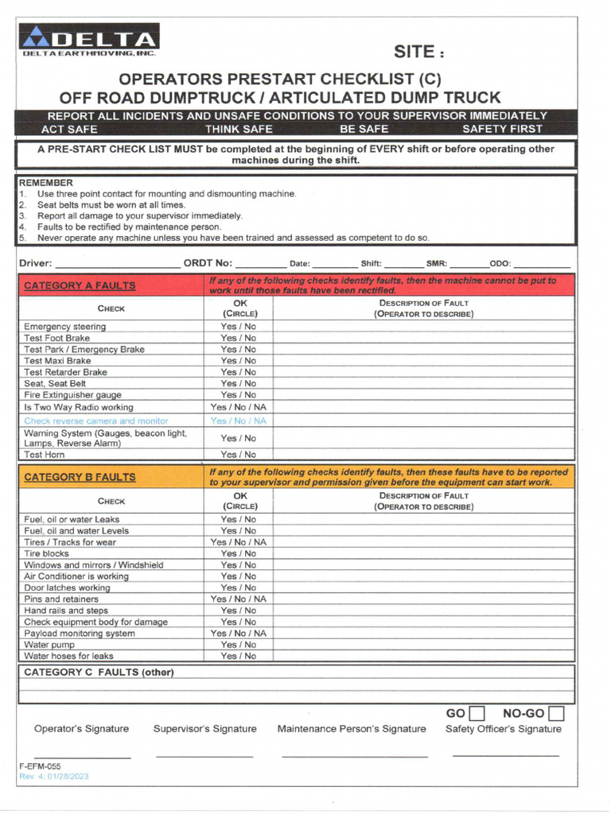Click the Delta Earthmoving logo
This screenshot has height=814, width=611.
pos(90,41)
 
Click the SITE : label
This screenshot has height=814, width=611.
pos(419,52)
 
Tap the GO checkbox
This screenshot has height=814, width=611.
pos(477,713)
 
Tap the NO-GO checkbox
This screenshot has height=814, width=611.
pos(556,713)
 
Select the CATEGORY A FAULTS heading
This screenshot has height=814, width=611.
pos(80,285)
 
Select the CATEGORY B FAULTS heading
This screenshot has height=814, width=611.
pos(80,477)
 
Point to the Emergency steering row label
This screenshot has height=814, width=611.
pos(64,327)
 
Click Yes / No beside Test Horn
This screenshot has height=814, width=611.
pos(239,455)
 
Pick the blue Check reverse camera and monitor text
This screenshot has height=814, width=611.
pos(95,421)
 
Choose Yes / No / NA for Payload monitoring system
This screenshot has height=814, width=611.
pos(239,634)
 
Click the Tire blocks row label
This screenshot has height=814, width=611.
pos(46,553)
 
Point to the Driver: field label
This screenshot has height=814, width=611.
pos(36,263)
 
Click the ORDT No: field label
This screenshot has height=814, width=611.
pos(208,263)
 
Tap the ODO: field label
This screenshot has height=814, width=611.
pos(500,264)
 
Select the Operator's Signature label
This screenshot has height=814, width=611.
pos(81,729)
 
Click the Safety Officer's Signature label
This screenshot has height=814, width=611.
pos(503,729)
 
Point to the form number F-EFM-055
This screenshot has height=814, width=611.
pos(40,766)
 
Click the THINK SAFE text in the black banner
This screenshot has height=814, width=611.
pos(239,129)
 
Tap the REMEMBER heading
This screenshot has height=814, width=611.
pos(45,182)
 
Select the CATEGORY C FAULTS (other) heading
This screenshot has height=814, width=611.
pos(99,673)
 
